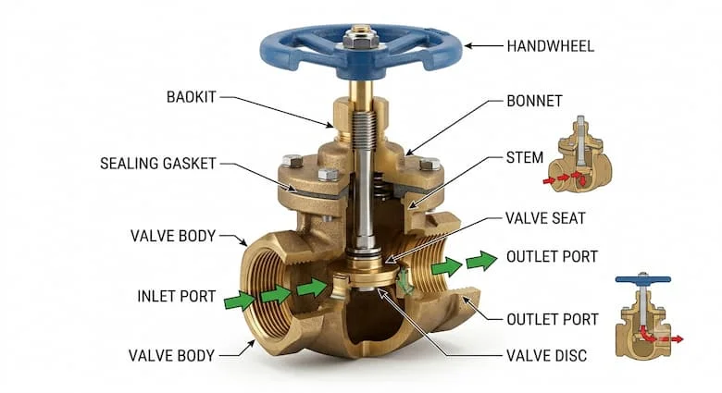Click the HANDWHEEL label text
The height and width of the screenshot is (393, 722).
550,46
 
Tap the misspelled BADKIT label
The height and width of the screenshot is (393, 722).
191,97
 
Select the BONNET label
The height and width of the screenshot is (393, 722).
534,101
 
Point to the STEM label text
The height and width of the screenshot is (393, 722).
525,158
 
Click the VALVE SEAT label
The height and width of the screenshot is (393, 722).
545,218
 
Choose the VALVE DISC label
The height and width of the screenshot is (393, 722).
546,356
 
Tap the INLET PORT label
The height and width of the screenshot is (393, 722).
177,296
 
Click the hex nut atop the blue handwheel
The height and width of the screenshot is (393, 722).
361,41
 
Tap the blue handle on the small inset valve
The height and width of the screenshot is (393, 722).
642,278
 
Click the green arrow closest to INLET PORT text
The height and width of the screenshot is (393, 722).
240,301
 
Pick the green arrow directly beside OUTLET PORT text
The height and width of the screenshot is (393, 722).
481,261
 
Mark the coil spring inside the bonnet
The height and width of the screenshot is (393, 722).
378,185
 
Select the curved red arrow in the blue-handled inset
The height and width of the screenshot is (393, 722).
646,335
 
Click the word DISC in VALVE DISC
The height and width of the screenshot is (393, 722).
570,356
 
